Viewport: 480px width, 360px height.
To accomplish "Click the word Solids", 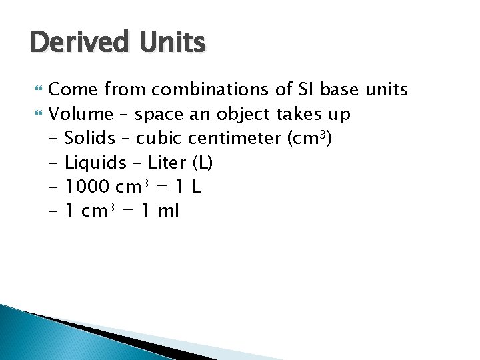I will point(90,139).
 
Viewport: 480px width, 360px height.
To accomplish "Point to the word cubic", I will point(160,139).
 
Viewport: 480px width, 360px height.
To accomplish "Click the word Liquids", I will point(96,163).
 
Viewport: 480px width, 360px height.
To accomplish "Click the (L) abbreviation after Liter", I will point(202,163).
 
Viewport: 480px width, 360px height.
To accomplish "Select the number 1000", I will point(90,187).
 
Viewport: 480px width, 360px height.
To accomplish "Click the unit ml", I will point(169,212).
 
